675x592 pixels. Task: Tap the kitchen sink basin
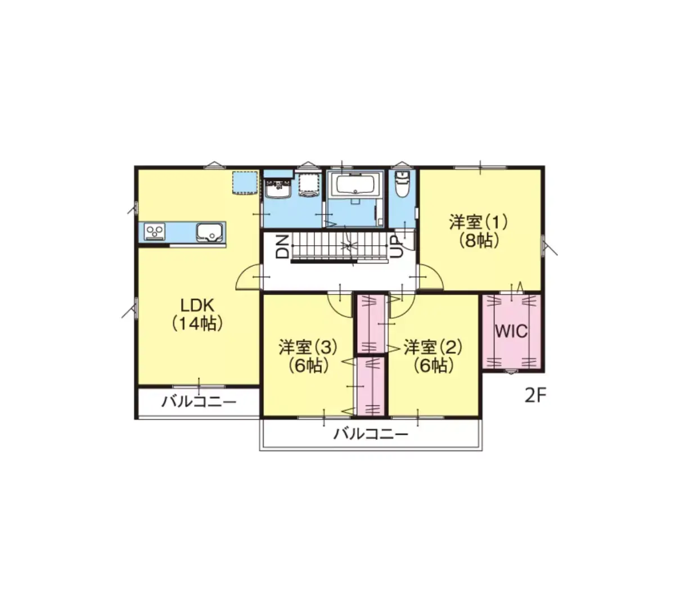point(209,232)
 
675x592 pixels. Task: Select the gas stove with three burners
point(155,232)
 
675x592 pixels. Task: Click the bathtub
point(356,184)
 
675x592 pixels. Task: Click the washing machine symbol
point(309,184)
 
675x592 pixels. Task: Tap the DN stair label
point(282,246)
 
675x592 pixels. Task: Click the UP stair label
point(397,247)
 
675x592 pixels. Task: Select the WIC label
point(511,331)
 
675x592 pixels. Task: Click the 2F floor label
point(535,396)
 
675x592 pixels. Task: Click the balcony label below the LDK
point(199,402)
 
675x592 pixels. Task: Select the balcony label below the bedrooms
point(371,434)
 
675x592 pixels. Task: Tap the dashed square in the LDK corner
point(245,182)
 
